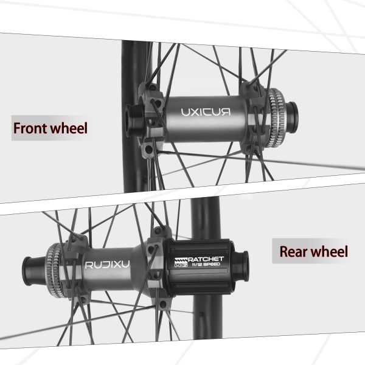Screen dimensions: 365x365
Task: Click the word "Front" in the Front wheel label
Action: point(32,129)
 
